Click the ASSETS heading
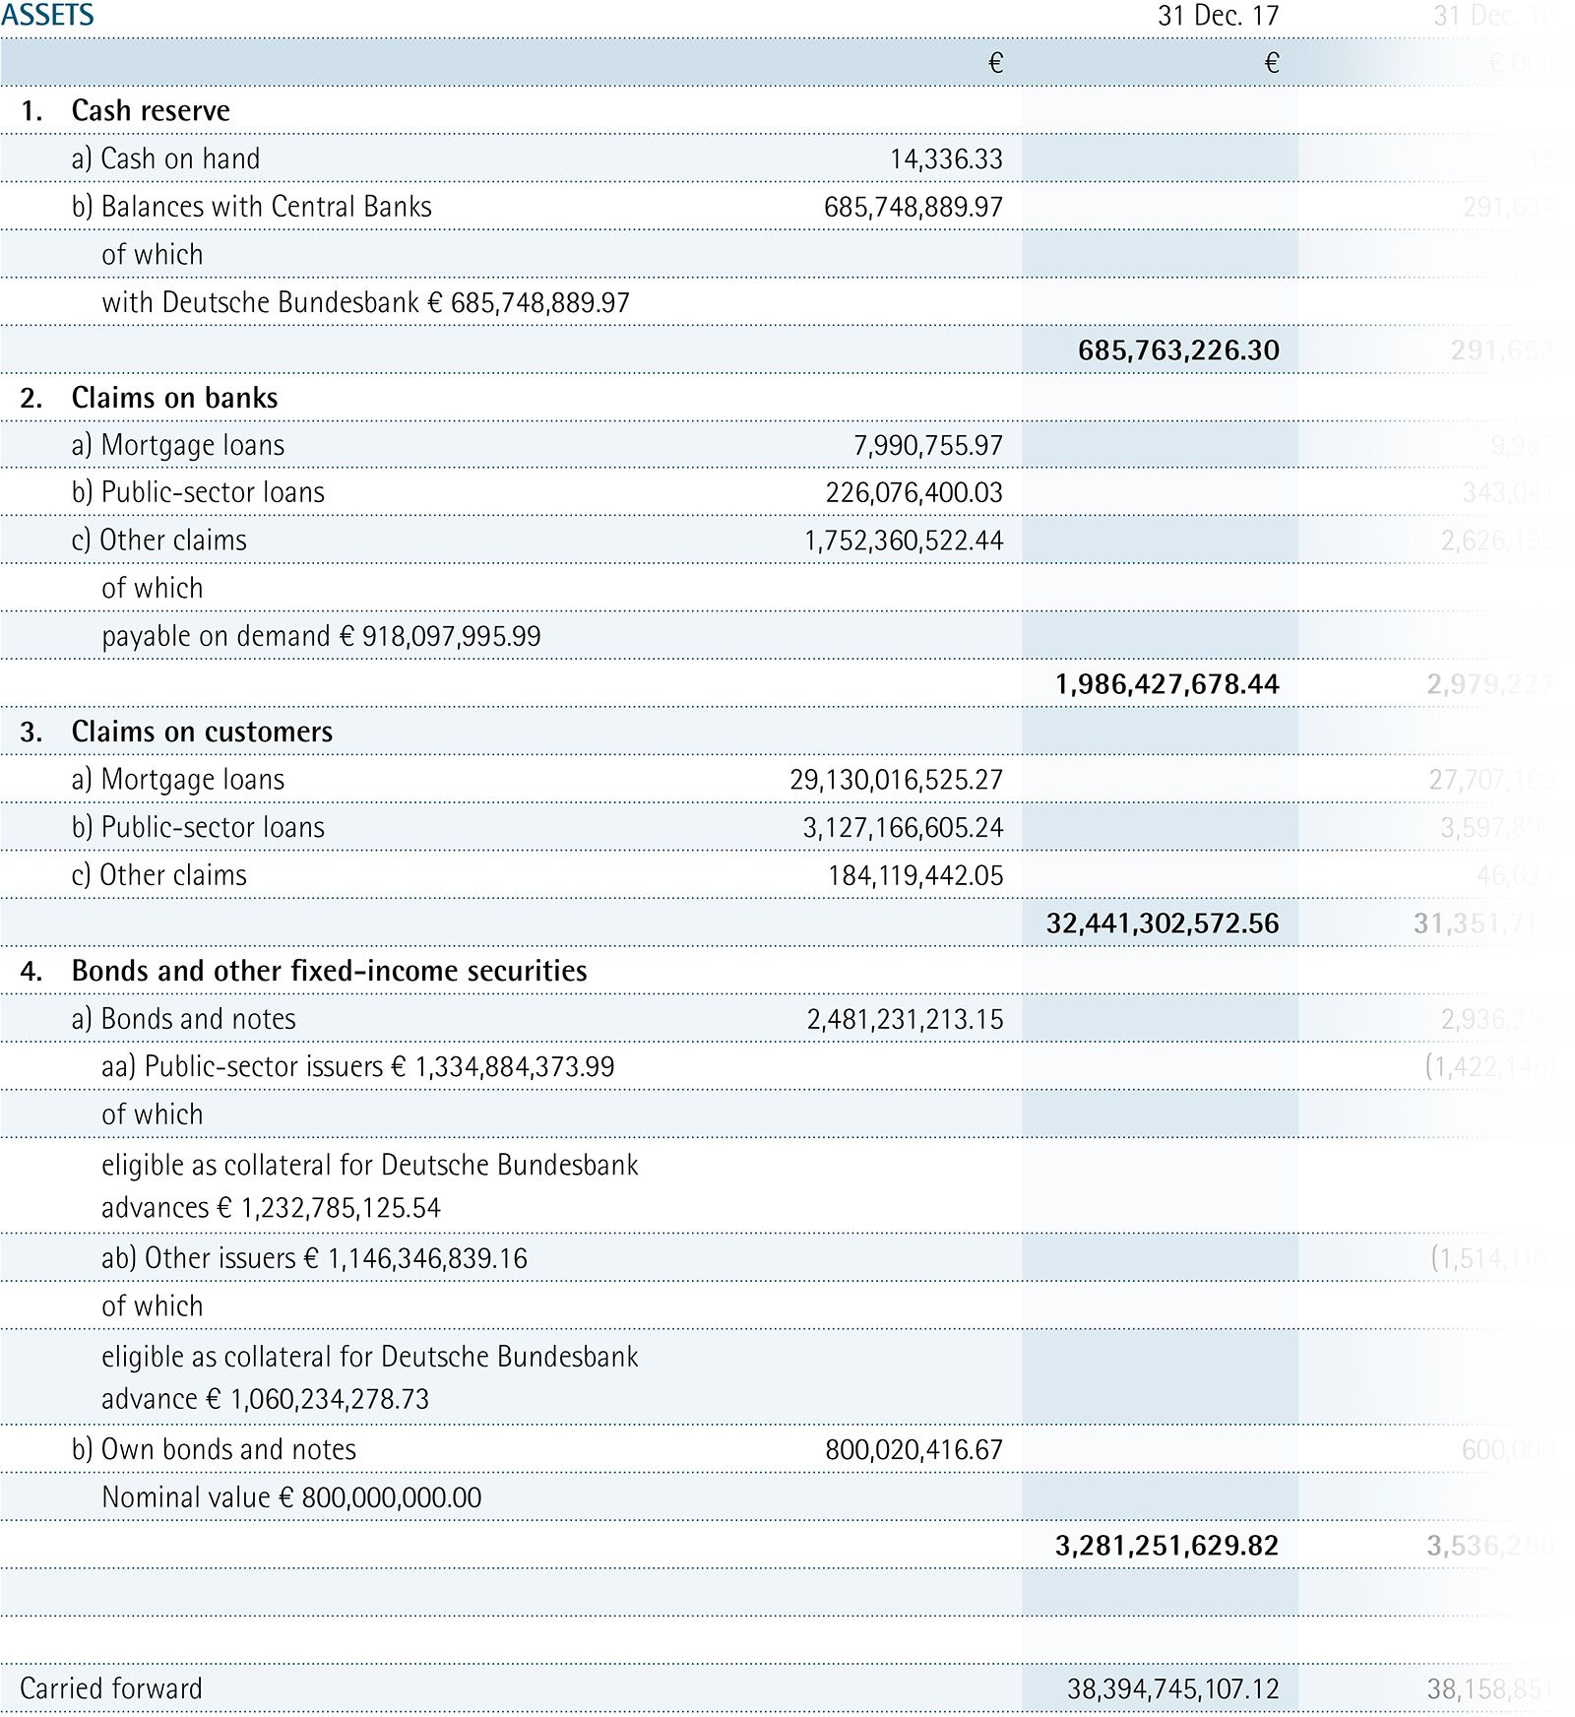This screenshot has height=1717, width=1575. click(x=47, y=16)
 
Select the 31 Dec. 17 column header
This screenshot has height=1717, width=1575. click(x=1218, y=16)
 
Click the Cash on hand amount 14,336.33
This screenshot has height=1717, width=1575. click(x=946, y=159)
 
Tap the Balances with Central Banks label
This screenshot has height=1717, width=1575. click(x=266, y=207)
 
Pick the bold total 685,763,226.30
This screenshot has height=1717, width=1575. click(x=1178, y=350)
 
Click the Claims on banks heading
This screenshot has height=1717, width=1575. click(x=174, y=398)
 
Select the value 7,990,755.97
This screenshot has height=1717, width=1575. click(x=927, y=445)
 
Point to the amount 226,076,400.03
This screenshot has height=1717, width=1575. click(x=913, y=492)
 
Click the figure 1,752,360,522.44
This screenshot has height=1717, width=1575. click(x=904, y=541)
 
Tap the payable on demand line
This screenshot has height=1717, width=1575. click(x=321, y=636)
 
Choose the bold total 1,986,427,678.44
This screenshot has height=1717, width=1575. click(x=1166, y=684)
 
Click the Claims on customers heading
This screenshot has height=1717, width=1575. click(x=202, y=731)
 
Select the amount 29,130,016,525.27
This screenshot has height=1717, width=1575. click(x=896, y=780)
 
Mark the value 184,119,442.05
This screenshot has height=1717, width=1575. click(x=915, y=875)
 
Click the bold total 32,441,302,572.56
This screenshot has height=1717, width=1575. click(x=1163, y=923)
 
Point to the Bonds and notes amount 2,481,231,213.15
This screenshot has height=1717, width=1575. click(x=905, y=1019)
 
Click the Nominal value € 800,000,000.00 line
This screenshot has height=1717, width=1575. click(x=291, y=1497)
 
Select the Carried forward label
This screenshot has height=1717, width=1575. click(x=110, y=1688)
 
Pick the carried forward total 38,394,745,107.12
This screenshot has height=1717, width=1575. click(x=1172, y=1689)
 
